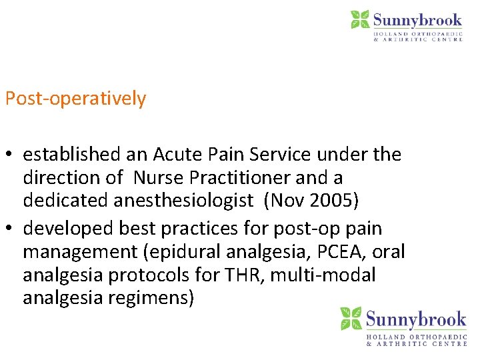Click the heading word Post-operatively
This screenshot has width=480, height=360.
(75, 99)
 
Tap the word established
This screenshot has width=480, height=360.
(73, 155)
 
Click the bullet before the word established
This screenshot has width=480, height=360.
(9, 155)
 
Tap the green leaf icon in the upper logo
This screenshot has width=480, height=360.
(361, 19)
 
